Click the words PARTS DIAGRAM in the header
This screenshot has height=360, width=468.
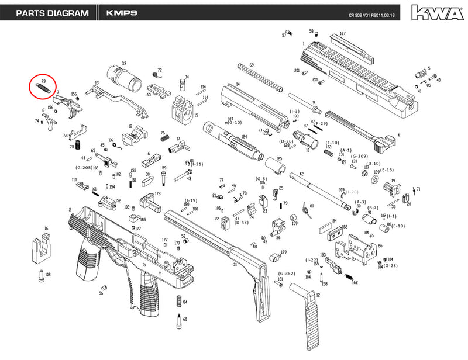pos(52,13)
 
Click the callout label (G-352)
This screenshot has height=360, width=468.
pos(286,274)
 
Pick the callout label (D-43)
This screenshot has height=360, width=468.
pos(241,223)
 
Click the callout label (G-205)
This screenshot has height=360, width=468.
pos(84,168)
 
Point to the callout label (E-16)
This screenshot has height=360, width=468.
pos(387,169)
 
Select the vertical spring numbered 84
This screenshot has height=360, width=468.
pos(178,302)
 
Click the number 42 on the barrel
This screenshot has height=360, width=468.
pos(301,174)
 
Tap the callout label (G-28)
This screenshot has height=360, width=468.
pos(390,266)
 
